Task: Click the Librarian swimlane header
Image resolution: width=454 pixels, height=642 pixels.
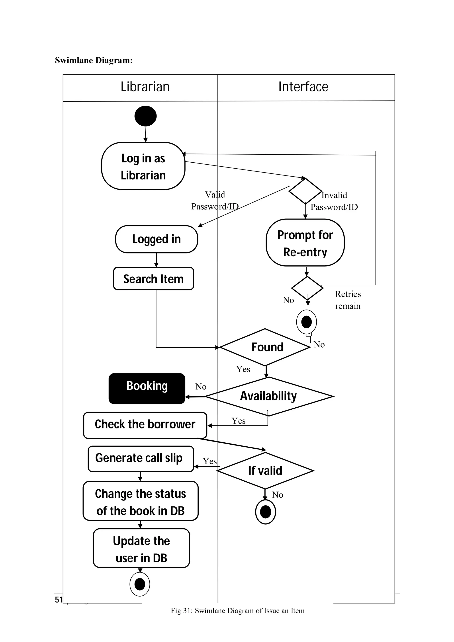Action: (145, 87)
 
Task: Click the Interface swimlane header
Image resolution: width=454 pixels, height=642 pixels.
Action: (303, 87)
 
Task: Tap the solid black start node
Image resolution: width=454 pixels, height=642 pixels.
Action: (145, 116)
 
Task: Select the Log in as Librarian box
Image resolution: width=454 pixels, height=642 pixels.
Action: (143, 166)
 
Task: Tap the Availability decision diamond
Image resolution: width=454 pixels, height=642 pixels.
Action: (268, 396)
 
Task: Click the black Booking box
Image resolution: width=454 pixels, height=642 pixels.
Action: (147, 388)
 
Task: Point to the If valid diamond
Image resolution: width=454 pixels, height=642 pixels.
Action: (265, 471)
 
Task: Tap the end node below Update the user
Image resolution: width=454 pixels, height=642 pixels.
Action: (140, 584)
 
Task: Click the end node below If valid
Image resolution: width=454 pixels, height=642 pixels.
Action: (266, 512)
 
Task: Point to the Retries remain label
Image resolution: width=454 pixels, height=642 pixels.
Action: (348, 300)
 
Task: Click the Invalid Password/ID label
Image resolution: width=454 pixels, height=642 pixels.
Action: (334, 201)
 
